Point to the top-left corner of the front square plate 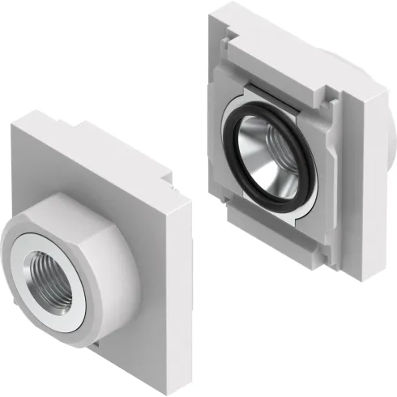point(15,123)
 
